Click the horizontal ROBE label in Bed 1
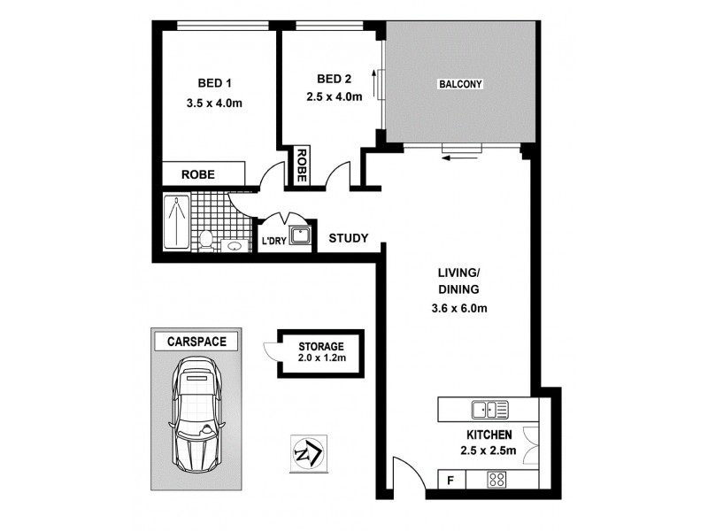coord(199,174)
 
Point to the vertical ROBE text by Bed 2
coord(302,165)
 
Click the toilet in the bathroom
coord(205,239)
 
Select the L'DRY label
coord(271,242)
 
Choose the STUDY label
coord(348,238)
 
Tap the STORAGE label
coord(319,344)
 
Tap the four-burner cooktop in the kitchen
coord(496,480)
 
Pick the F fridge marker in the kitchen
coord(451,481)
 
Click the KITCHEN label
coord(489,435)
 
